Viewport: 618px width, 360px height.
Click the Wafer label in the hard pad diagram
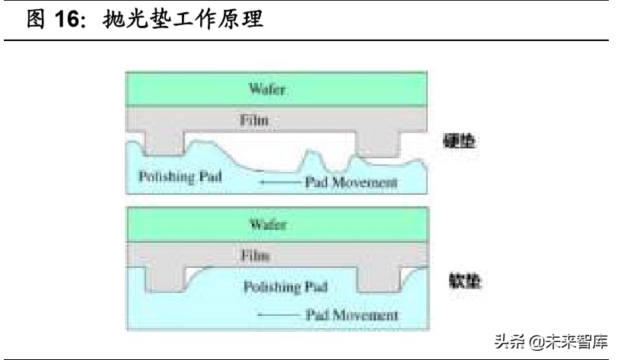(x=267, y=89)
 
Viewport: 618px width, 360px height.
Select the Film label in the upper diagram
(x=255, y=119)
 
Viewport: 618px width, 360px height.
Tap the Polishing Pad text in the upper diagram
(x=180, y=177)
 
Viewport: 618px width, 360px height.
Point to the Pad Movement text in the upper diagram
(x=351, y=183)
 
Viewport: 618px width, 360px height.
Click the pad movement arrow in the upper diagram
(x=278, y=183)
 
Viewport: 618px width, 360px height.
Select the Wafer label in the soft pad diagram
(x=267, y=225)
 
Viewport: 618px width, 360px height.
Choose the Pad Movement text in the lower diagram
(x=351, y=314)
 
